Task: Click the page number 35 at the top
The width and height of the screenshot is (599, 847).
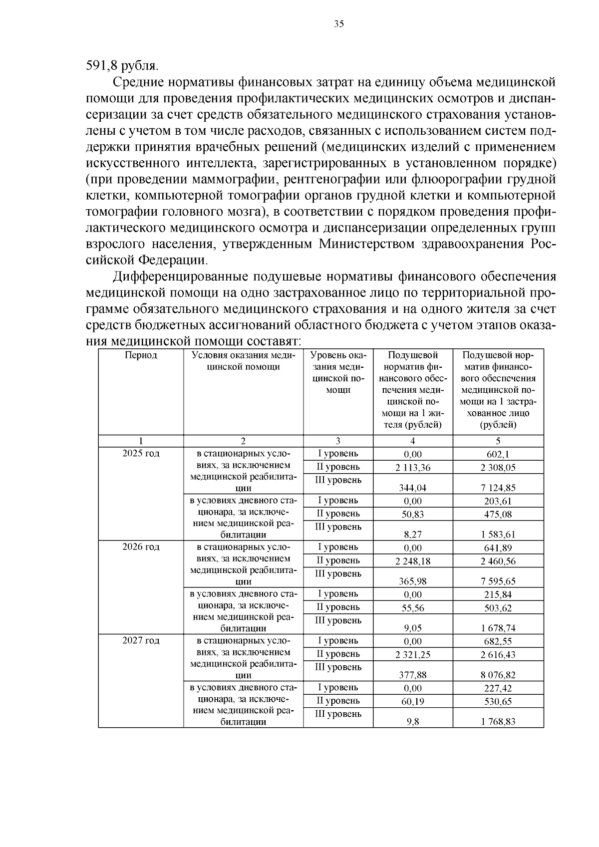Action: (339, 24)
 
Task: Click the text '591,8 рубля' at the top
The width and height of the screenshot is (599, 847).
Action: (122, 65)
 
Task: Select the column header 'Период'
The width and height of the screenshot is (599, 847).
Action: (141, 355)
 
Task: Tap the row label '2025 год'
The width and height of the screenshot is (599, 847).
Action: (141, 454)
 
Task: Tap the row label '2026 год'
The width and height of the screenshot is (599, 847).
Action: (141, 547)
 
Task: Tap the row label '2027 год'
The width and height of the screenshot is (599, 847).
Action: (141, 641)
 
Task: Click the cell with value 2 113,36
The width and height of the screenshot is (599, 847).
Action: (412, 468)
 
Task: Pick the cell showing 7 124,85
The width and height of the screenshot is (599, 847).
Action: (498, 488)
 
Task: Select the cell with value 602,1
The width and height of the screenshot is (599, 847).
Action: (498, 454)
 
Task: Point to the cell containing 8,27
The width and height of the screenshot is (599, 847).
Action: (412, 535)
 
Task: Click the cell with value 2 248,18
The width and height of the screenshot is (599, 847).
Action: (412, 561)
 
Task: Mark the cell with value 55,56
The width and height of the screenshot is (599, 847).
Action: (412, 608)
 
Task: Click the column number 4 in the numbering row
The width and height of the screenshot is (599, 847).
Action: (412, 441)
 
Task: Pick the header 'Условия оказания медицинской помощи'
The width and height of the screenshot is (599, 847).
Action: (243, 361)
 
